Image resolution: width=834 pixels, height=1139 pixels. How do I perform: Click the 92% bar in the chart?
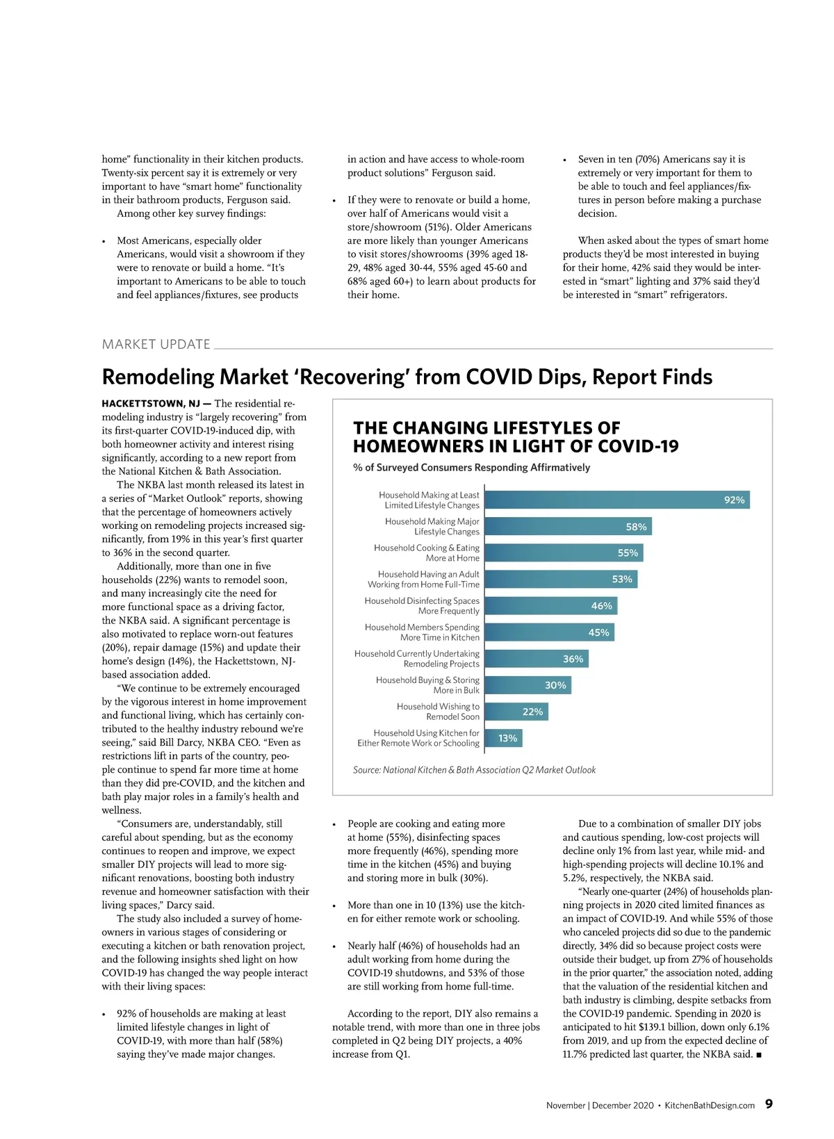point(617,500)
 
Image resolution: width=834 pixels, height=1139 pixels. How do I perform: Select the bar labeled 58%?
point(568,527)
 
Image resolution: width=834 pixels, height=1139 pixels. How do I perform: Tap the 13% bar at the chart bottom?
point(503,738)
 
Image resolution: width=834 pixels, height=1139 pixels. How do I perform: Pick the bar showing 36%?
point(537,659)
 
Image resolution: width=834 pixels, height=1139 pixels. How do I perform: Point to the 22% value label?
point(532,712)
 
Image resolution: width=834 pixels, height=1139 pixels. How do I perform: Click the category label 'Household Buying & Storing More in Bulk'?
point(427,685)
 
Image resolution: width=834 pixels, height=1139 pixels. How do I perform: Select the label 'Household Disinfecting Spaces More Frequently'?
point(422,606)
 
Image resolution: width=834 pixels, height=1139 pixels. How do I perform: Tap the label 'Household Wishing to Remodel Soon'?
point(438,712)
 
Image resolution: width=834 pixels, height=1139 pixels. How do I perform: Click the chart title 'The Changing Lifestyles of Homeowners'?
point(515,437)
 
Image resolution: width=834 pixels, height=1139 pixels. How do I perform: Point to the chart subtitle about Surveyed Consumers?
point(471,468)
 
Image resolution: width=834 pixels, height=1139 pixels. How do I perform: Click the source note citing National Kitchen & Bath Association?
point(474,770)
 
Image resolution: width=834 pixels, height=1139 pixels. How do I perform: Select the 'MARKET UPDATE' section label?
point(156,345)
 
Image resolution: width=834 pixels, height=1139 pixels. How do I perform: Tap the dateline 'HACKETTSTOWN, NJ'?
point(151,404)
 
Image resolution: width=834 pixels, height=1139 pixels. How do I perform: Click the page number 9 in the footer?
point(769,1104)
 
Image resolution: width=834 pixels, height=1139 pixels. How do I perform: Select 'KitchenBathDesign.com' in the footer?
point(710,1106)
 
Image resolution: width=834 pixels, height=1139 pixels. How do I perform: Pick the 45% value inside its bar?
point(598,632)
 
